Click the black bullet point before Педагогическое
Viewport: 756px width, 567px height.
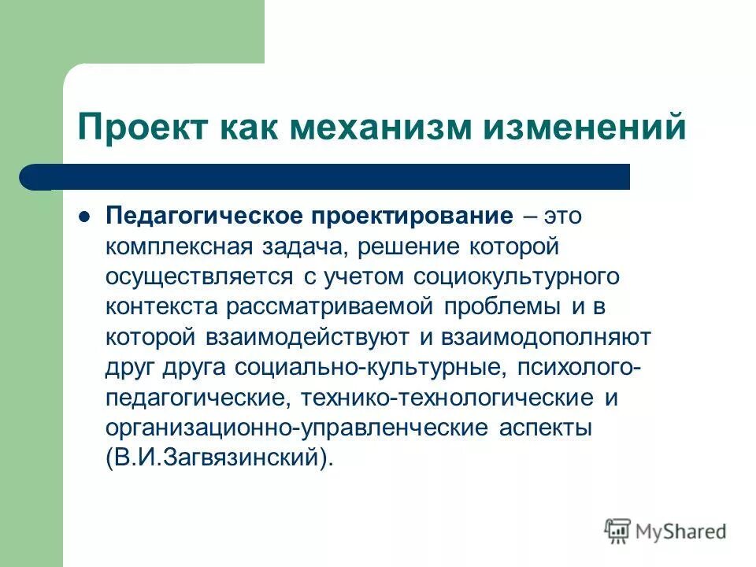point(85,215)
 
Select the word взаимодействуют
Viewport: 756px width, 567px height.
point(309,337)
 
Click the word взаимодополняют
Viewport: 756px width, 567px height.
point(544,337)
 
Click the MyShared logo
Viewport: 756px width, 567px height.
point(666,532)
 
